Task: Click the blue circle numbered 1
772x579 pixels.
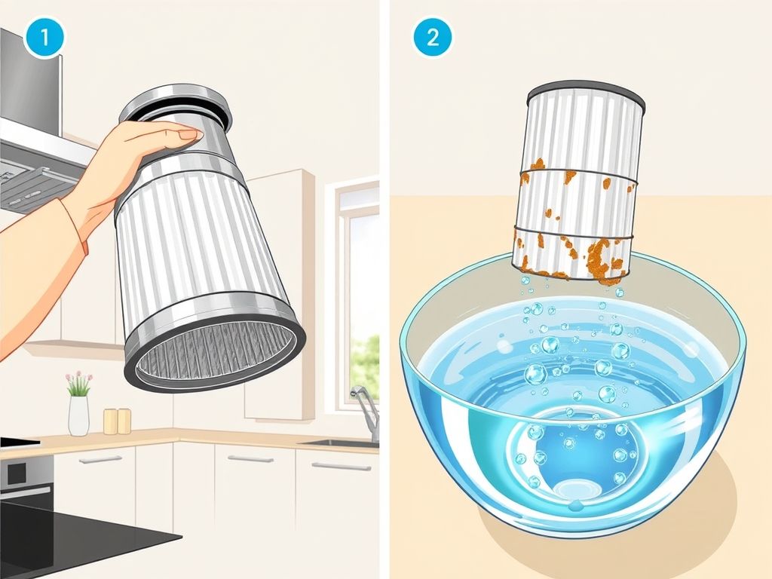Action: point(44,38)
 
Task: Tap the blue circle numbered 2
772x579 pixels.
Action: point(432,38)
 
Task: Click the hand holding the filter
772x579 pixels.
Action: point(133,167)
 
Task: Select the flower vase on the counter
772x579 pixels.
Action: point(78,415)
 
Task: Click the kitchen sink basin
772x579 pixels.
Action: point(340,444)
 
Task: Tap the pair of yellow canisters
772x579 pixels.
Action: point(117,421)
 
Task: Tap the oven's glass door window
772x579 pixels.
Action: point(17,473)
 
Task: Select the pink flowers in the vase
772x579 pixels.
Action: point(78,381)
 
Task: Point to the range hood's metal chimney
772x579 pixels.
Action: point(30,78)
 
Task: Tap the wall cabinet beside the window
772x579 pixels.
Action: point(279,295)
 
